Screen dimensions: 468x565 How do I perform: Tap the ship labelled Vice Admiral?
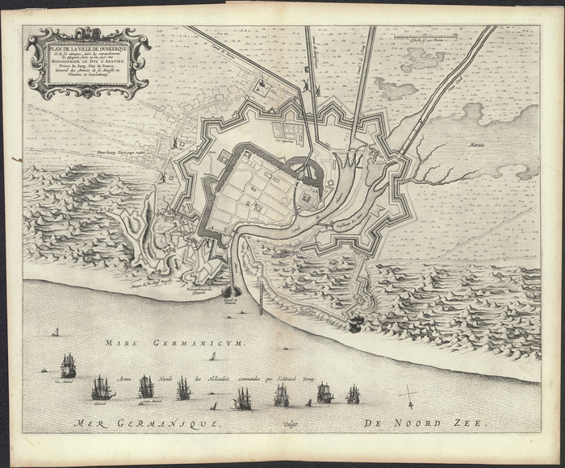pos(69,367)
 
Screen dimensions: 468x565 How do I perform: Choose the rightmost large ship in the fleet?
pos(353,394)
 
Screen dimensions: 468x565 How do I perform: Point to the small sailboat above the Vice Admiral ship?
pos(56,332)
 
